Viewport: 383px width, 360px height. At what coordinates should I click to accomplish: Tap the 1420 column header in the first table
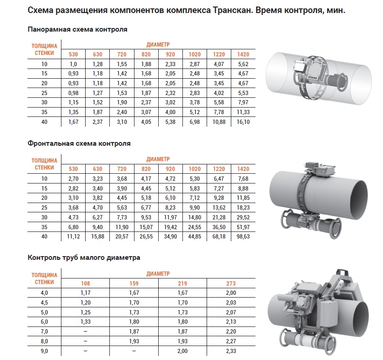pos(243,54)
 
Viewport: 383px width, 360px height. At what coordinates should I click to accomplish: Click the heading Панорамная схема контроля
pos(78,29)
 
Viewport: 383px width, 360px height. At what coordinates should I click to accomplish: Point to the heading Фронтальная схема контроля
pos(79,143)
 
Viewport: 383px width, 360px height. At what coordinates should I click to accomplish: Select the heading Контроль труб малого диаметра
pos(84,257)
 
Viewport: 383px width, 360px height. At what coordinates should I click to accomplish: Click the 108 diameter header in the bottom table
pos(86,283)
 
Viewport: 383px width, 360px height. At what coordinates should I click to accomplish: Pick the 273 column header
pos(231,283)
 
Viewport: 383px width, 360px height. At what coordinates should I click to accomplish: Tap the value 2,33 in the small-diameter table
pos(231,350)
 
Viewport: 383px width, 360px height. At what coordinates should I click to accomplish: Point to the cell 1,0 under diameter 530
pos(73,64)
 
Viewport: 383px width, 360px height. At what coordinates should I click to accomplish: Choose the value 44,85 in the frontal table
pos(195,237)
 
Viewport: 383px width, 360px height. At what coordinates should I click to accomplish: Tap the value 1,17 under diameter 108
pos(86,292)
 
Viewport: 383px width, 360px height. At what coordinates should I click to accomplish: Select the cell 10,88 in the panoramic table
pos(219,122)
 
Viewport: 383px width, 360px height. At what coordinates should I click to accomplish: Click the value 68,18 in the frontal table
pos(219,237)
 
